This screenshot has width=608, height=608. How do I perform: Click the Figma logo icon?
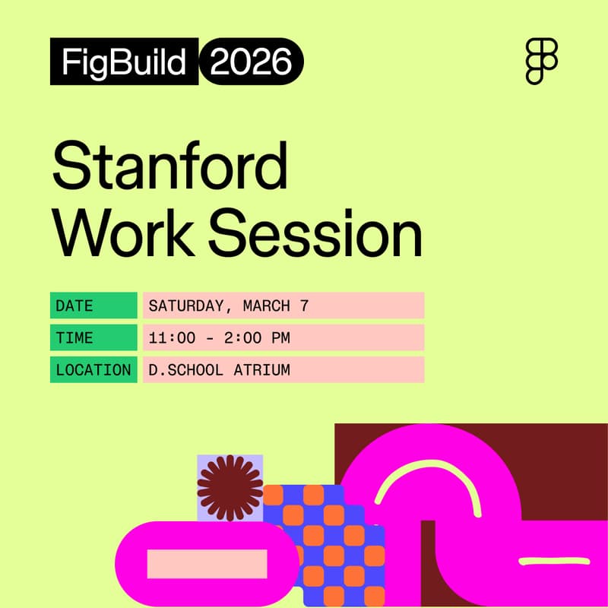click(x=542, y=62)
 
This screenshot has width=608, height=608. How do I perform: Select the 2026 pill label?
click(x=252, y=62)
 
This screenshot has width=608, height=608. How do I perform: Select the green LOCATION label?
click(x=93, y=370)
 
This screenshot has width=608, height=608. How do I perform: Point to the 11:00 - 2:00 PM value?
click(x=219, y=337)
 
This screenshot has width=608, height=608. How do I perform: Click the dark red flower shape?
click(x=230, y=487)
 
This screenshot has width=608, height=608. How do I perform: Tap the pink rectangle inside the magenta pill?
click(x=207, y=563)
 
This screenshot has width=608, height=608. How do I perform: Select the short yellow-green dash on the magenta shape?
click(x=543, y=562)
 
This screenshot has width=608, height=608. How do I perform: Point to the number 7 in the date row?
click(x=304, y=306)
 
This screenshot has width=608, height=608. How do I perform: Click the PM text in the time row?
click(x=280, y=337)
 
